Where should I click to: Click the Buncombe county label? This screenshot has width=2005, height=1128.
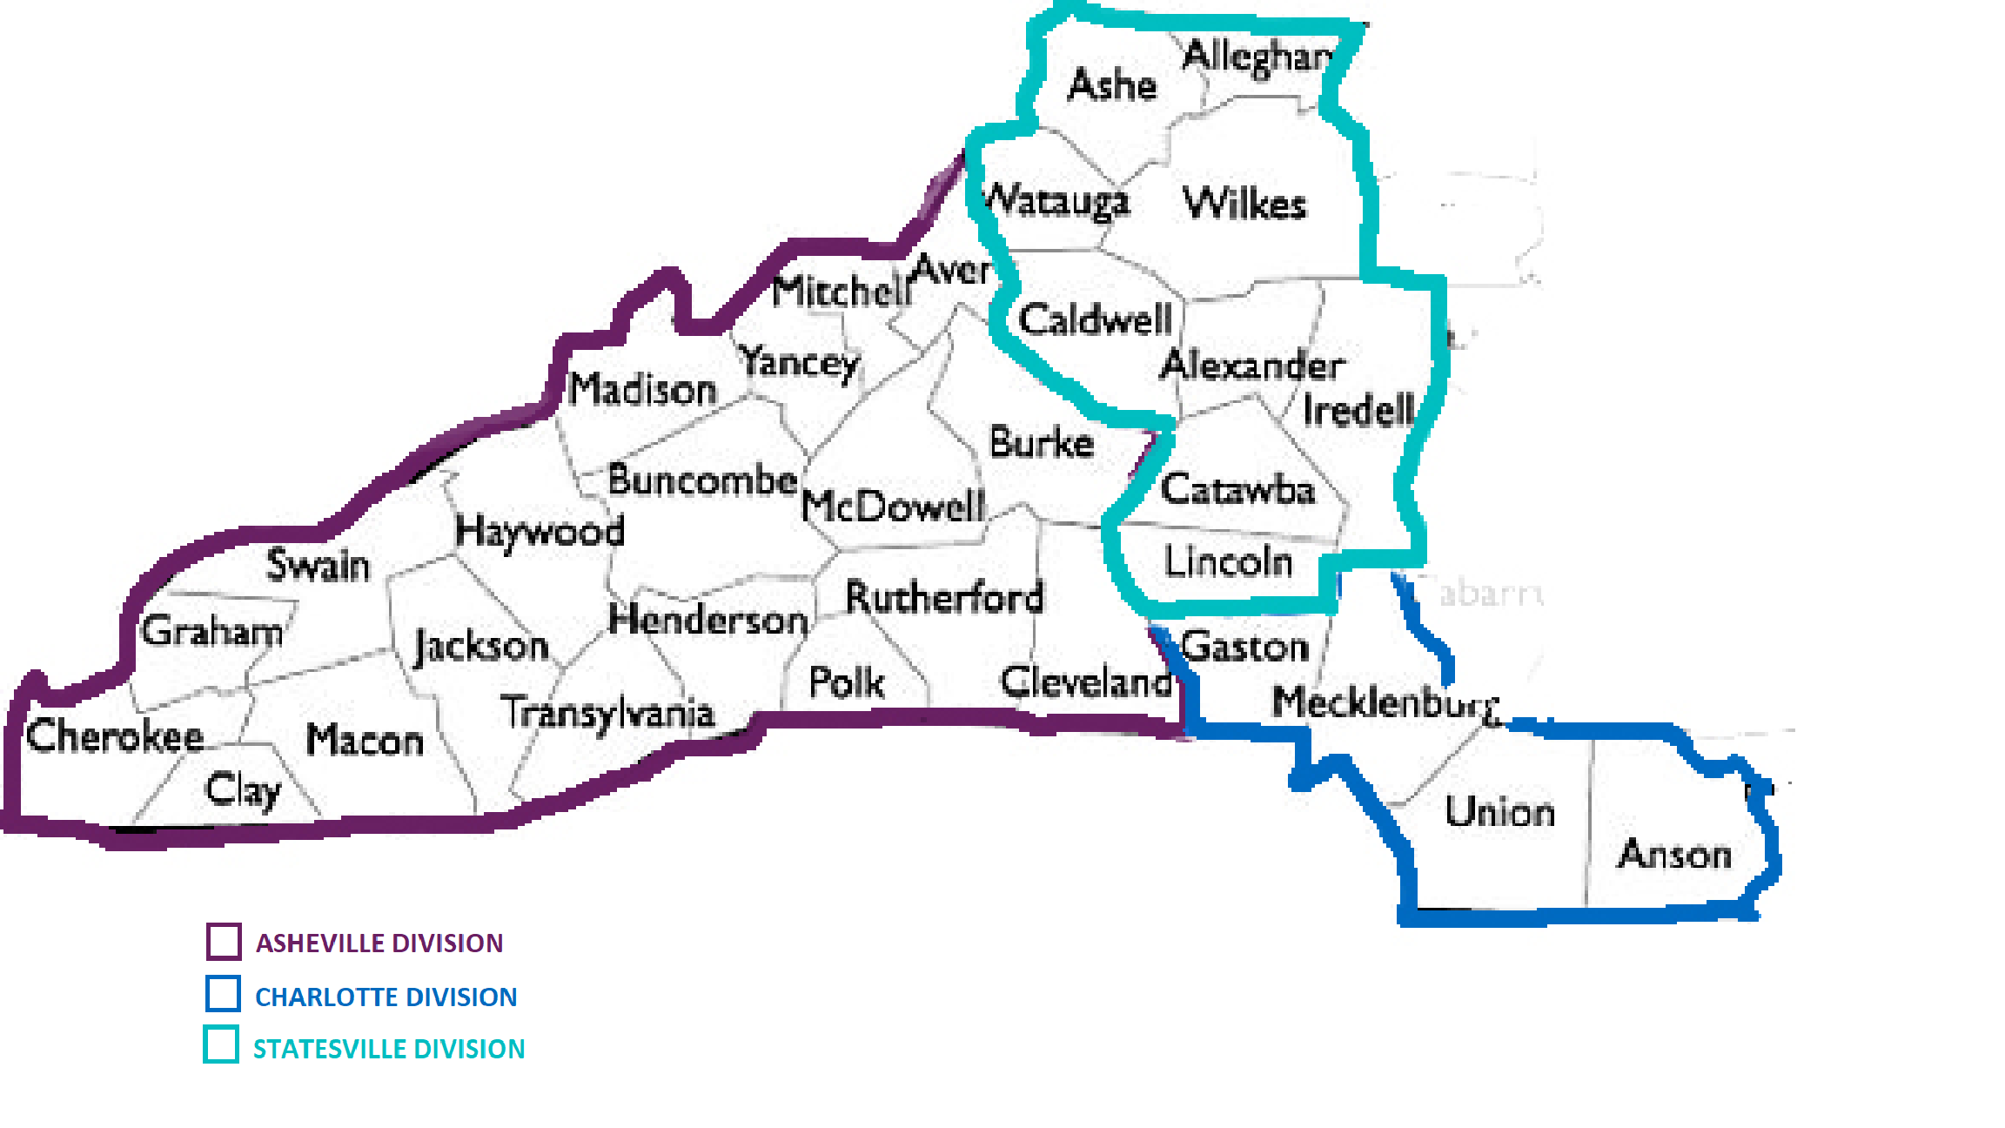click(x=701, y=480)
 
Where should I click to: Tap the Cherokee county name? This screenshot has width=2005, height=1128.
click(x=115, y=736)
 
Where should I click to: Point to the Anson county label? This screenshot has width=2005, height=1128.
click(x=1674, y=855)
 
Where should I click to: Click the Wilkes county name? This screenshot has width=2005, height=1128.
click(x=1244, y=204)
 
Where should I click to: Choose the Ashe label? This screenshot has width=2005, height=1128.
click(x=1112, y=85)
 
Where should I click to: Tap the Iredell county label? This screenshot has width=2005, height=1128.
click(x=1358, y=411)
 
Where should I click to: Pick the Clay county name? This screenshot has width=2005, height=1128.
click(x=243, y=790)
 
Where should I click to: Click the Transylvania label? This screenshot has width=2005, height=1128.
click(x=607, y=714)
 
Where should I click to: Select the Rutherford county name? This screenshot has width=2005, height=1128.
click(x=944, y=598)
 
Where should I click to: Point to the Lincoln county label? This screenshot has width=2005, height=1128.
click(x=1228, y=562)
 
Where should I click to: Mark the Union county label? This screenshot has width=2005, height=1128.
click(x=1499, y=812)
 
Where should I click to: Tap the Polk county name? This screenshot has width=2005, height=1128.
click(x=846, y=682)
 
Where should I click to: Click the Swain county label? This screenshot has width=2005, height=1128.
click(x=318, y=566)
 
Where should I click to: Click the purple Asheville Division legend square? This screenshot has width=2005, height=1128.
click(x=224, y=942)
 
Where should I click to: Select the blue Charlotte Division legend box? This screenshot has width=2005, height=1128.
click(x=223, y=994)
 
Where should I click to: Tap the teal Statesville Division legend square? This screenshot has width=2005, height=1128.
click(x=221, y=1045)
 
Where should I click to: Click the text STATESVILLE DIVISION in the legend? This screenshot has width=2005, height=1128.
click(x=389, y=1049)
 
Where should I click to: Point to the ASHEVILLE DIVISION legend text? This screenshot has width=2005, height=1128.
click(x=379, y=943)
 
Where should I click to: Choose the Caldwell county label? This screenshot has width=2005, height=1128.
click(x=1095, y=320)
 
